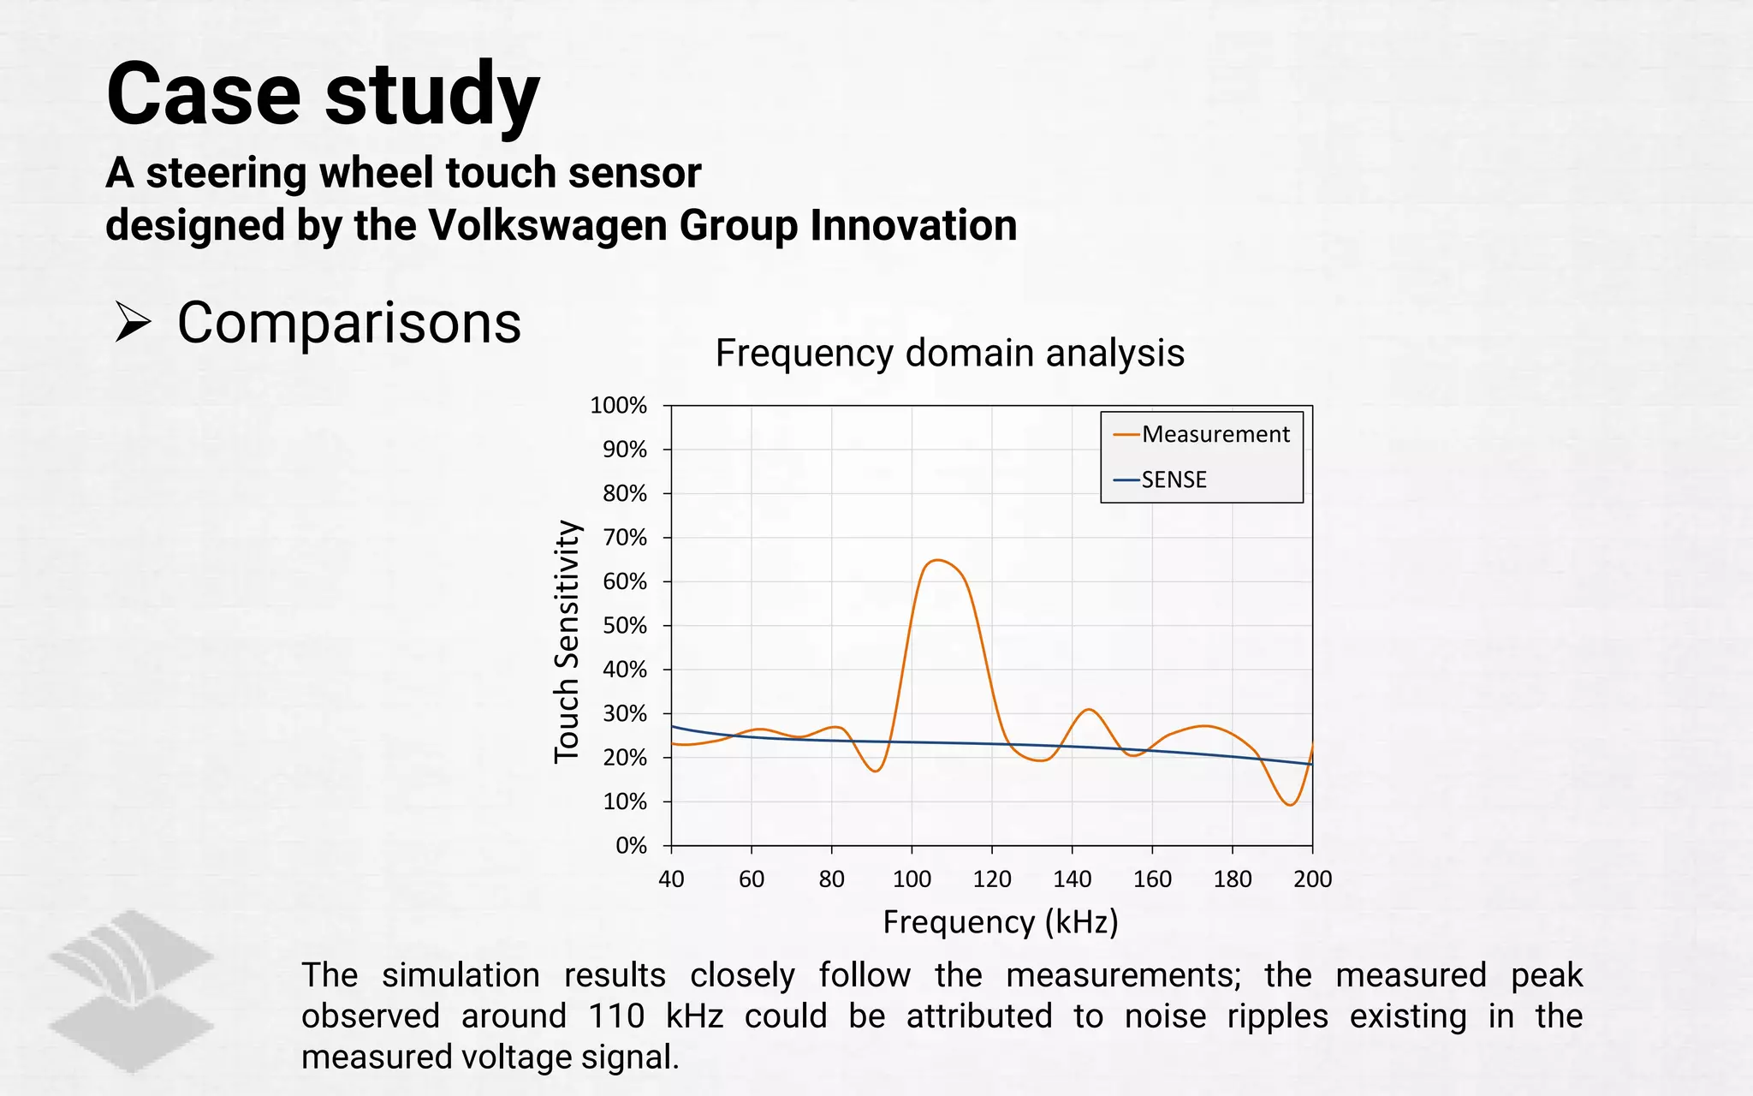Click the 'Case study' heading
[x=323, y=94]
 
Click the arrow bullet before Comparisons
[x=133, y=323]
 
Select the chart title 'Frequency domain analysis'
[x=949, y=353]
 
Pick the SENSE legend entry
[x=1174, y=479]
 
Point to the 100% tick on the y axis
[x=618, y=405]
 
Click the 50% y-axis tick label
[x=624, y=625]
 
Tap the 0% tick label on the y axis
[x=631, y=845]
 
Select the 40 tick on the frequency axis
[x=671, y=879]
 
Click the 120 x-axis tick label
[x=992, y=879]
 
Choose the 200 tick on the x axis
[x=1312, y=879]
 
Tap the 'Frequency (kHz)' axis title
[x=1001, y=922]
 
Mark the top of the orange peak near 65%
[x=938, y=560]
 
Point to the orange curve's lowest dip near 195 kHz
[x=1290, y=805]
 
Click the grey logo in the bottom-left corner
[x=131, y=991]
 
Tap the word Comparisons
[x=349, y=323]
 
